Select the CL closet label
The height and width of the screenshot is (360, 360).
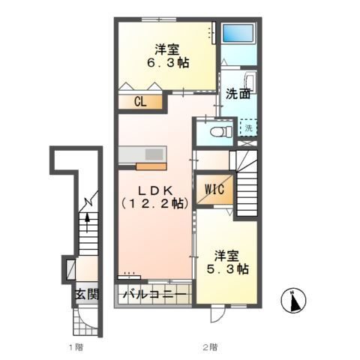139,103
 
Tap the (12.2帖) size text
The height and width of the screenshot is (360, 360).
154,203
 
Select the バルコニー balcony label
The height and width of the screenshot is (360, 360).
154,294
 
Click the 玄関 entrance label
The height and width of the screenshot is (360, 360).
85,294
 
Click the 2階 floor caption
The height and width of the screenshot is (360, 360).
208,347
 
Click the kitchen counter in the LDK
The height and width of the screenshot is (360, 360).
142,154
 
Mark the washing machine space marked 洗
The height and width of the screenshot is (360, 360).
249,128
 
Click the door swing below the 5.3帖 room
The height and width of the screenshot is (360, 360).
216,313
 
